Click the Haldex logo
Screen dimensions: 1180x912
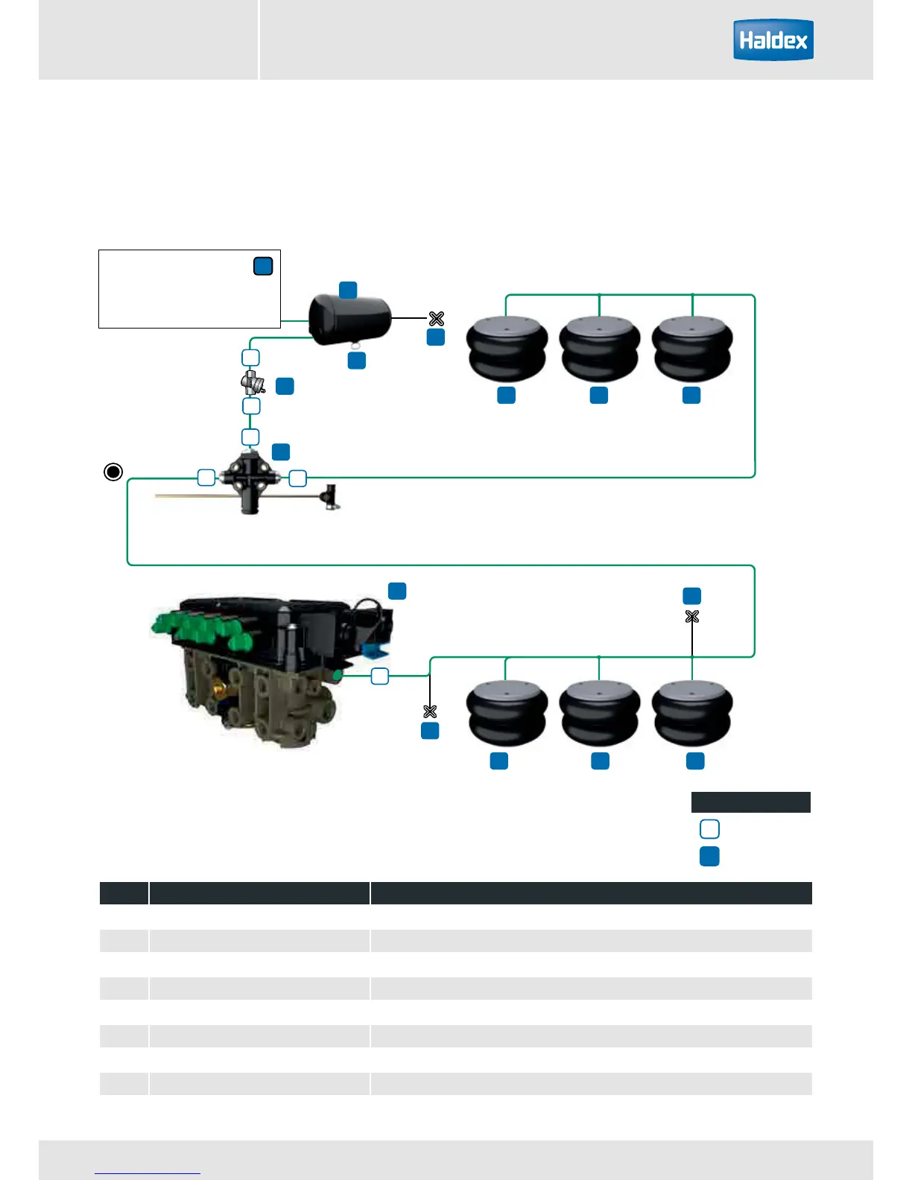coord(773,40)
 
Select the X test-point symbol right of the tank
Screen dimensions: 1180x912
coord(437,319)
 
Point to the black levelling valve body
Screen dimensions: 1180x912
coord(250,478)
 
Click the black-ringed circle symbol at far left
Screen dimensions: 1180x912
coord(113,472)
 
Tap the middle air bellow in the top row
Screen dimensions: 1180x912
coord(599,349)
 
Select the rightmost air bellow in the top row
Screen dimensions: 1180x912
coord(692,349)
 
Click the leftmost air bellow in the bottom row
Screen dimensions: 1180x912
coord(507,714)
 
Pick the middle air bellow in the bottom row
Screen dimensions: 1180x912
coord(599,714)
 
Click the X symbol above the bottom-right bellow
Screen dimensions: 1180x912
coord(692,617)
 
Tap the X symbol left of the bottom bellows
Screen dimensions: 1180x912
coord(430,711)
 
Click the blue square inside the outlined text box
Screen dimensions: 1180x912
coord(263,266)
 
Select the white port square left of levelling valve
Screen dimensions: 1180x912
coord(206,478)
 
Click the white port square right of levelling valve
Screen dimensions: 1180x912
coord(297,478)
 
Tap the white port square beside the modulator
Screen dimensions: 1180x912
coord(380,676)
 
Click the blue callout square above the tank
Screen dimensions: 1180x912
coord(348,290)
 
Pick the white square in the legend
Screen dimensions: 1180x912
coord(709,829)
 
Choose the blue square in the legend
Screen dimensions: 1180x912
coord(709,856)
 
